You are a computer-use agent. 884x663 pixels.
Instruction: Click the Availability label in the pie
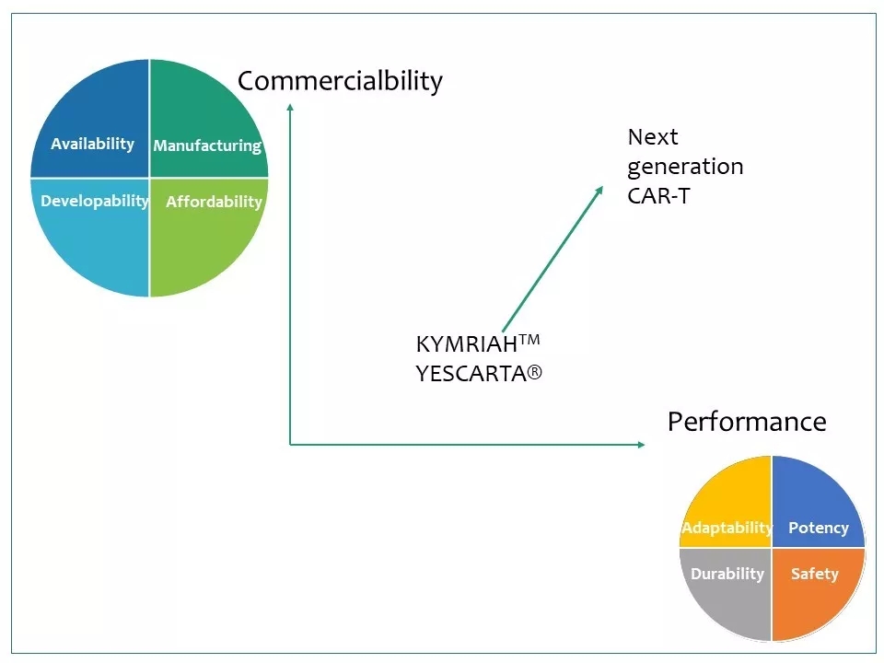point(92,144)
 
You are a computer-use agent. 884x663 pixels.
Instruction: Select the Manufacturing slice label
point(207,145)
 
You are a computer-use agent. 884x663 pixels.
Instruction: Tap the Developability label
point(94,200)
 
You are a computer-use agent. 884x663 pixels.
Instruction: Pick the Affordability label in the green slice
point(214,202)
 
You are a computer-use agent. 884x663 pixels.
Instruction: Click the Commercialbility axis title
point(340,81)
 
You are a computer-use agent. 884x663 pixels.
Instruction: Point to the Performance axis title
point(746,422)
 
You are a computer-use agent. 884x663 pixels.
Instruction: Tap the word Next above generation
point(652,137)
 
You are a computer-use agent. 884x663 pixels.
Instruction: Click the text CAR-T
point(658,195)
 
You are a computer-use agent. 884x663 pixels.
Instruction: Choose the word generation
point(685,167)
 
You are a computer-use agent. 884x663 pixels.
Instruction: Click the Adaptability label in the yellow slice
point(727,528)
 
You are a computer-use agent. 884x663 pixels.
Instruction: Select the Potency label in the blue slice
point(818,528)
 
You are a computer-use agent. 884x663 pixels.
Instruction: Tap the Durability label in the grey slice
point(727,574)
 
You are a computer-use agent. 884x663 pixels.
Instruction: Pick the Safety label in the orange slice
point(814,574)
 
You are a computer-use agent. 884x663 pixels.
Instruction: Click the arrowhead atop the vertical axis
point(290,106)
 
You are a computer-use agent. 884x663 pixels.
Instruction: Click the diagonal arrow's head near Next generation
point(600,189)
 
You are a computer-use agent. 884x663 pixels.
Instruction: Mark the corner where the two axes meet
point(290,445)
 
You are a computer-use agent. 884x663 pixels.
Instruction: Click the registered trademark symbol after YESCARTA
point(534,374)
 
